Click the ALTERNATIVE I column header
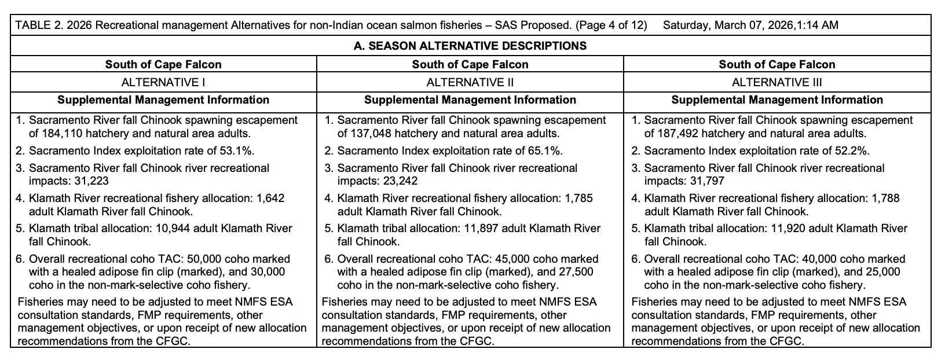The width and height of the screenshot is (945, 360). [x=163, y=82]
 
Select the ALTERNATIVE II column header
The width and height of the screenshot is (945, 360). [x=470, y=82]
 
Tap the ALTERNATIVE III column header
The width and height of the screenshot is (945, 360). [x=776, y=82]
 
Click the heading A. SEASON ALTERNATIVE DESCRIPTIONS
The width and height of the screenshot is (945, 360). [x=470, y=46]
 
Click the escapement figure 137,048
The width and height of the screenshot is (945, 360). [x=371, y=134]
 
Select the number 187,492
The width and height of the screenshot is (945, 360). [x=677, y=134]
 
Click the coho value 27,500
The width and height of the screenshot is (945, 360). [x=575, y=271]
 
